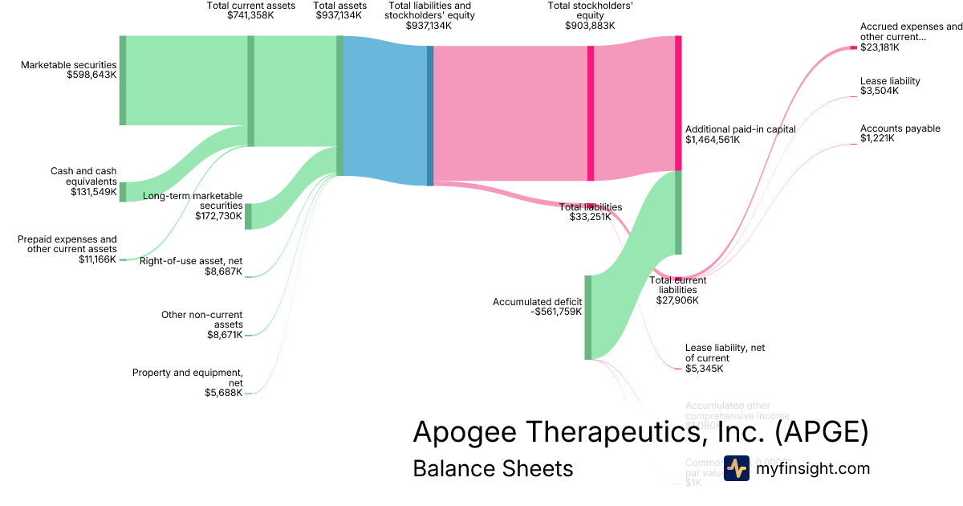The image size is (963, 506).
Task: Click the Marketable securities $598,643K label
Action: pyautogui.click(x=69, y=70)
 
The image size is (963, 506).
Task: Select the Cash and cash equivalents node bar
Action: pyautogui.click(x=123, y=192)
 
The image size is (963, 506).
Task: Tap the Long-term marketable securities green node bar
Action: pyautogui.click(x=248, y=216)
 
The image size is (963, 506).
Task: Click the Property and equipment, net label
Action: pyautogui.click(x=188, y=382)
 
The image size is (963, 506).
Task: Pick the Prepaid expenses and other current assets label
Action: pyautogui.click(x=67, y=249)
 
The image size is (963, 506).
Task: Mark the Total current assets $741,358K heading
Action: pyautogui.click(x=250, y=10)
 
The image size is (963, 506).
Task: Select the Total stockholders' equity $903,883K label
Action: pyautogui.click(x=591, y=15)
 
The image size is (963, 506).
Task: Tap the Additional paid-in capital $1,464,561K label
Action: pyautogui.click(x=740, y=134)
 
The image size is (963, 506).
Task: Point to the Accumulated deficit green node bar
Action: pyautogui.click(x=587, y=317)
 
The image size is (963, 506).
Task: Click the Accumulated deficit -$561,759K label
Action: pyautogui.click(x=537, y=307)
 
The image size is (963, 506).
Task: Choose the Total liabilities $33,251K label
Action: pyautogui.click(x=590, y=212)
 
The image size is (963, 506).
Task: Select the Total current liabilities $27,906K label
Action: pyautogui.click(x=677, y=290)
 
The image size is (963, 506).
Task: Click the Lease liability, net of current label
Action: pyautogui.click(x=725, y=358)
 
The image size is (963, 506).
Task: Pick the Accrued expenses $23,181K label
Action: pyautogui.click(x=910, y=37)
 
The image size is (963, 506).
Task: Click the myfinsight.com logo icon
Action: pyautogui.click(x=736, y=468)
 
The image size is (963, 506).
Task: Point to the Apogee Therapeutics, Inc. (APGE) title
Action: pyautogui.click(x=640, y=432)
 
